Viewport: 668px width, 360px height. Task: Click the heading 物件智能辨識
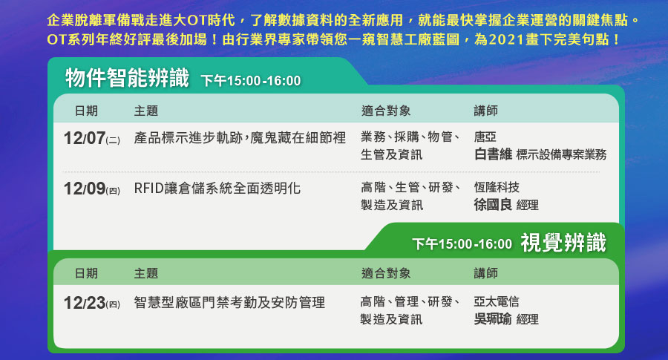(127, 78)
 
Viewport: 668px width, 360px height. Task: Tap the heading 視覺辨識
(563, 243)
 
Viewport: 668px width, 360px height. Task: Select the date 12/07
(85, 138)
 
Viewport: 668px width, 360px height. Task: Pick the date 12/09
(85, 189)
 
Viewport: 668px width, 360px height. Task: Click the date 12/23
(85, 303)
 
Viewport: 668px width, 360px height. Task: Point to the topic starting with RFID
(217, 189)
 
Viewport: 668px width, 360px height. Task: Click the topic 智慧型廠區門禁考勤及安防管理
(229, 303)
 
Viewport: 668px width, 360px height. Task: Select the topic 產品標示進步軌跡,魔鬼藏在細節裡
(240, 137)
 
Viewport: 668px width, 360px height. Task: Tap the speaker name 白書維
(493, 154)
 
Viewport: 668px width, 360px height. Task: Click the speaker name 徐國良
(493, 205)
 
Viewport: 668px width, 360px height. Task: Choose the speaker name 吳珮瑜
(493, 318)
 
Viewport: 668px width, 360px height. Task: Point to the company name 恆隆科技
(497, 187)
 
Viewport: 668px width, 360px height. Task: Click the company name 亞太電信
(497, 301)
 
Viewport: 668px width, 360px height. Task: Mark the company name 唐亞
(485, 137)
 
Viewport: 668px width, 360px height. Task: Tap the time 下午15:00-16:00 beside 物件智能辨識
(251, 80)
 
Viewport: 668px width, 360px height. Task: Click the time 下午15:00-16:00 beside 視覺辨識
(462, 243)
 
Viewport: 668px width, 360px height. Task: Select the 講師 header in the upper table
(486, 111)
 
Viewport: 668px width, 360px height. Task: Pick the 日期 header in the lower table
(87, 273)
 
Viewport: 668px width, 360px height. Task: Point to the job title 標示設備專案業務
(562, 154)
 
